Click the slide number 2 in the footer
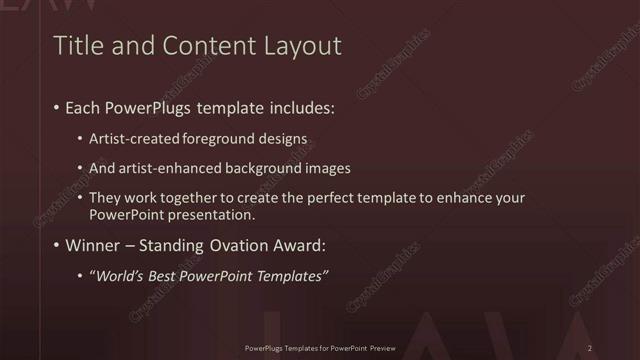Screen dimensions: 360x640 [x=590, y=347]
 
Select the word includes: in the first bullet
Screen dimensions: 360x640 [x=298, y=106]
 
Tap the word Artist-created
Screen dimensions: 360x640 [x=131, y=138]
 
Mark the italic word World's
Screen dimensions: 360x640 [x=121, y=276]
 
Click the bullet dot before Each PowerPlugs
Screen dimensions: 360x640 [x=55, y=106]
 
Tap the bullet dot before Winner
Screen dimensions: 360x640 [x=55, y=245]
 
